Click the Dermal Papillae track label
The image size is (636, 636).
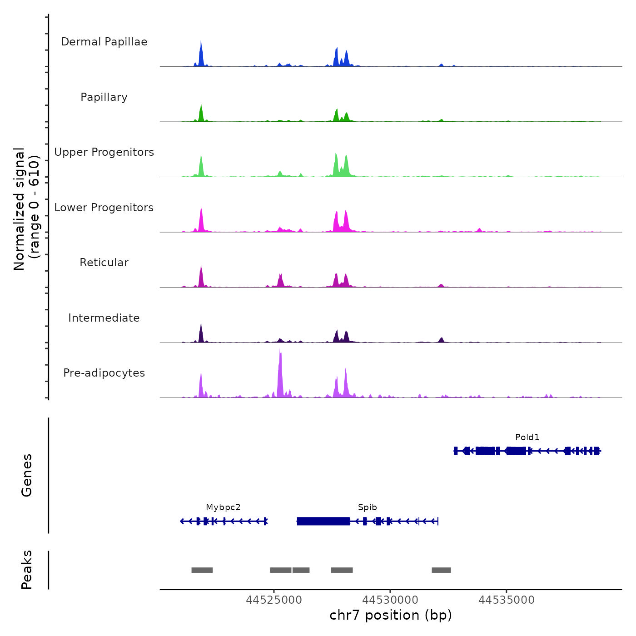coord(104,42)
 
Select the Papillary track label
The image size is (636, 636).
coord(104,97)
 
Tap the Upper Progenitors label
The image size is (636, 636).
coord(104,152)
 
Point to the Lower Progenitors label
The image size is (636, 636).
coord(104,208)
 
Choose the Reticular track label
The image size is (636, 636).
coord(104,263)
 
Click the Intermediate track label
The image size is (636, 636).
coord(104,318)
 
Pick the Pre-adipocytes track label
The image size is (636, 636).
coord(104,373)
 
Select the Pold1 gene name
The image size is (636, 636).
coord(527,437)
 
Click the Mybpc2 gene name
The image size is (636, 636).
coord(223,507)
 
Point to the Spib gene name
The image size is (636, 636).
coord(367,507)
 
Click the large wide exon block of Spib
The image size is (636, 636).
coord(323,521)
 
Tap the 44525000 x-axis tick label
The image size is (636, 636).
coord(274,600)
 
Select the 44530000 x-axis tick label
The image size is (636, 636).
coord(390,600)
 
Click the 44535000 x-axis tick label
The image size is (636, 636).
coord(507,600)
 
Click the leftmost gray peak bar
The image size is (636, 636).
coord(202,570)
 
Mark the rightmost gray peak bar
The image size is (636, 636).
coord(441,570)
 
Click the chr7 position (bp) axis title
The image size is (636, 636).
coord(391,615)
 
